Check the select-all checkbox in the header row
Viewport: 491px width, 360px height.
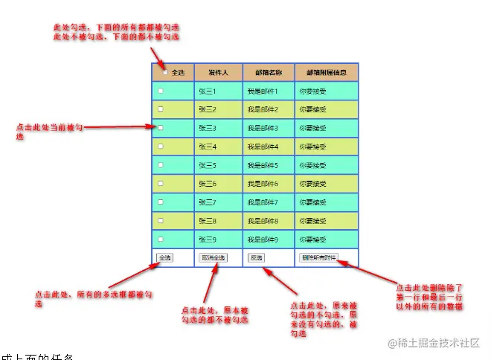(165, 72)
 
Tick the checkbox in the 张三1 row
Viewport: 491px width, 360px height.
(160, 91)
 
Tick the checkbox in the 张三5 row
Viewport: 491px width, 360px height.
(160, 165)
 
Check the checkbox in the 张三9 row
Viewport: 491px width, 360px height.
(160, 239)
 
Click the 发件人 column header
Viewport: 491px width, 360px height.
(218, 72)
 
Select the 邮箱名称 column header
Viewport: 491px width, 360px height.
(269, 72)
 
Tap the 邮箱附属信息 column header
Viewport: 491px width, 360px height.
(327, 72)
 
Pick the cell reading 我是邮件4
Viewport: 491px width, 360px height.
(263, 147)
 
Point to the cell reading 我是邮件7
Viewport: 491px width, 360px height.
(263, 202)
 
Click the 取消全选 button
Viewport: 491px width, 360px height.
(214, 258)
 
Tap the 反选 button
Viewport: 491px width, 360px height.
(257, 258)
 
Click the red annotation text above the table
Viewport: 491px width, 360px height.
(116, 31)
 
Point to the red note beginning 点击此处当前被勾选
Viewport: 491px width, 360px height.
(48, 131)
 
